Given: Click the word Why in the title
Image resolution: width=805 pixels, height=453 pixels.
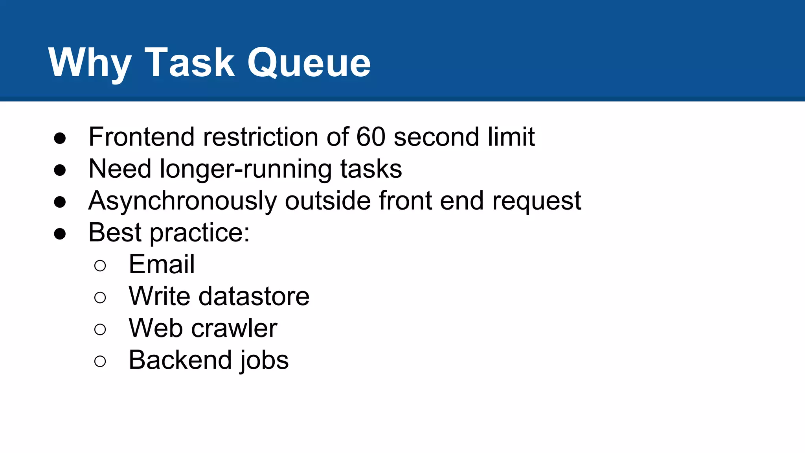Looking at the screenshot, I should click(90, 63).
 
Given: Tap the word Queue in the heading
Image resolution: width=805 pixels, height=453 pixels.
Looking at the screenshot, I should click(309, 63).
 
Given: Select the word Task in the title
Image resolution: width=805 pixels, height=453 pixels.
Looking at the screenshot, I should click(190, 63).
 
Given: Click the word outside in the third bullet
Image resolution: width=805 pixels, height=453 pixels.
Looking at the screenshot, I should click(328, 201).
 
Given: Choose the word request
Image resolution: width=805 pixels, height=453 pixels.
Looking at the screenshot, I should click(537, 201).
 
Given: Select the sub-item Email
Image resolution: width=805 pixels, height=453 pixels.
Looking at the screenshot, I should click(162, 264).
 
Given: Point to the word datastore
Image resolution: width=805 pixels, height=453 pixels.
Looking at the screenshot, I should click(254, 296).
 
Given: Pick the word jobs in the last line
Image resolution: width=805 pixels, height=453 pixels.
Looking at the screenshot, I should click(265, 360).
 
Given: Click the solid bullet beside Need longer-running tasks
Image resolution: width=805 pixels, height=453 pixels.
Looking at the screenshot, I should click(60, 170).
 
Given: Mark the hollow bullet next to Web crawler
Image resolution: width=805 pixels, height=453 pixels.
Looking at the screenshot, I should click(100, 330).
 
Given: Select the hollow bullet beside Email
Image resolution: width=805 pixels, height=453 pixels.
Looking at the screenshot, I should click(100, 266).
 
